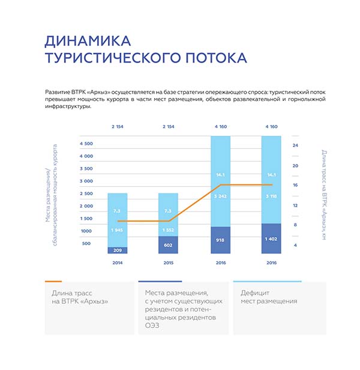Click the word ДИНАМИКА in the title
(88, 41)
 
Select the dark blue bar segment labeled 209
(118, 250)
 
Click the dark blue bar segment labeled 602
(168, 244)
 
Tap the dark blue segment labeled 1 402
(271, 238)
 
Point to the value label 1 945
(118, 231)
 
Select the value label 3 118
(271, 196)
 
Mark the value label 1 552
(168, 231)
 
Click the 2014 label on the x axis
(118, 262)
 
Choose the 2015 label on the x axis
(168, 262)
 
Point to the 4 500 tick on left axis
(86, 144)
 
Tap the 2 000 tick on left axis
(86, 206)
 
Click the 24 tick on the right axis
(295, 145)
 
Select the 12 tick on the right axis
(295, 205)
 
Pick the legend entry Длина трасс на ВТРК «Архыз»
(81, 297)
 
